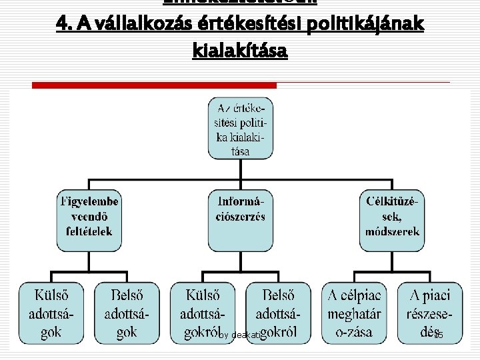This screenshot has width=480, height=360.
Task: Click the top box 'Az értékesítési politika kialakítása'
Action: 241,129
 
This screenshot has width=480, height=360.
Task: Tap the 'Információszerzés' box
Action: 241,215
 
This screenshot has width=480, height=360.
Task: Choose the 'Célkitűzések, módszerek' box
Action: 393,215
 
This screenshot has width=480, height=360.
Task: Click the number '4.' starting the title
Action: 65,24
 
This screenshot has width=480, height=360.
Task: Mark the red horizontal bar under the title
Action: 154,85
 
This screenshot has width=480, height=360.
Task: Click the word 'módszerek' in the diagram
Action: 393,231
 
